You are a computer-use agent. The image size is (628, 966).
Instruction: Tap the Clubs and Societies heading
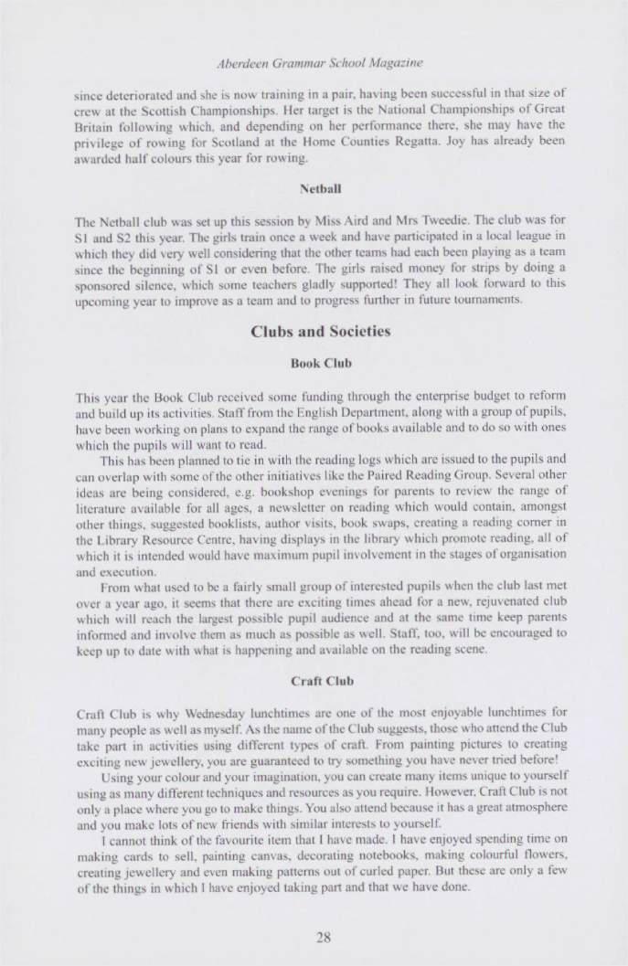314,332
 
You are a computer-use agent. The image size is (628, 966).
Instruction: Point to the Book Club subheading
314,363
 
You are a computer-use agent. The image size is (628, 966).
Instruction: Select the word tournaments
461,301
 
